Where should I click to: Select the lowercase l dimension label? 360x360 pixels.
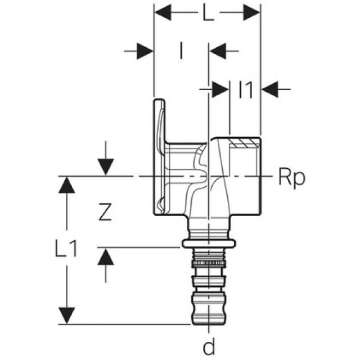pos(181,52)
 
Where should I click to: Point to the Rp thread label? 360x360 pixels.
pos(291,177)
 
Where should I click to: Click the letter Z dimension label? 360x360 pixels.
pos(103,212)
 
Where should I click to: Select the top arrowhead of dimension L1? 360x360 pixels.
pos(67,185)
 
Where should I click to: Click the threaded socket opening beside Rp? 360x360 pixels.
pos(245,177)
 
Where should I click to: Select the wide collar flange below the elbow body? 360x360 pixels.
pos(209,244)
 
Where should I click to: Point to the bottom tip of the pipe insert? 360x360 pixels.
pos(209,321)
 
